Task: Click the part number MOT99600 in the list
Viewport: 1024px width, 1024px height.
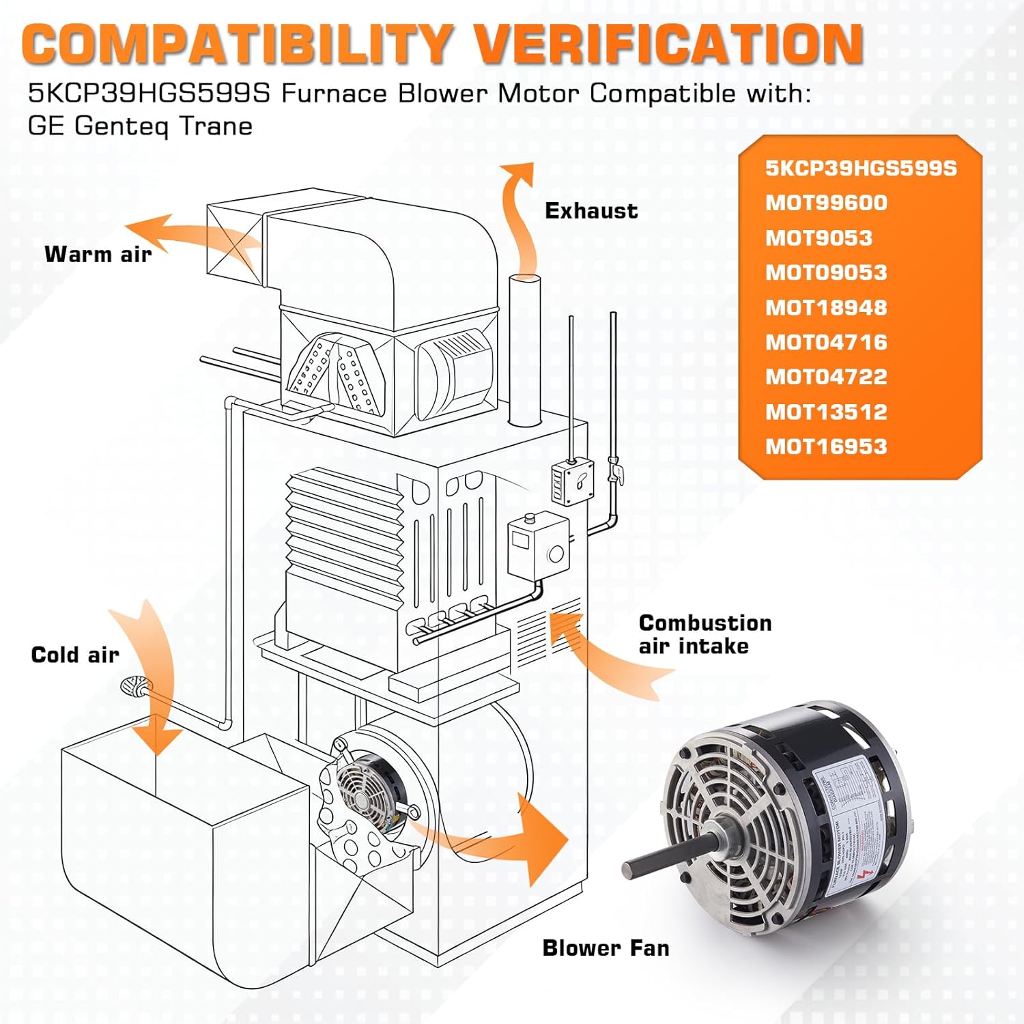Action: click(x=826, y=203)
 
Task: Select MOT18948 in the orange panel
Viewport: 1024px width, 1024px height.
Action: click(x=826, y=307)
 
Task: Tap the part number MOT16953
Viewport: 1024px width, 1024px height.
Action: click(x=826, y=446)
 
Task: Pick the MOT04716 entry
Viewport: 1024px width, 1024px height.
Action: click(x=826, y=342)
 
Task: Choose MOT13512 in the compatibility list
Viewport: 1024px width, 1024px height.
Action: click(x=826, y=412)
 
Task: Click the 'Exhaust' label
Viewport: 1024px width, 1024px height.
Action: click(x=591, y=211)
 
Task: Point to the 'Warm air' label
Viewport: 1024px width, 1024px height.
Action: click(x=98, y=254)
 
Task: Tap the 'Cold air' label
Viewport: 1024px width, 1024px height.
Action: click(x=75, y=655)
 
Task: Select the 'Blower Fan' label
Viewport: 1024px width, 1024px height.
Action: click(x=606, y=948)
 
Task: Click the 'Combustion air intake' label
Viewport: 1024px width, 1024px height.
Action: click(x=705, y=634)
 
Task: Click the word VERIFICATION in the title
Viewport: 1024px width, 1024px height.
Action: click(x=668, y=44)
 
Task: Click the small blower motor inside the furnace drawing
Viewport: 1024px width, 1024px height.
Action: click(x=365, y=785)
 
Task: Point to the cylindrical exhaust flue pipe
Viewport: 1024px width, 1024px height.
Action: click(x=525, y=348)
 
